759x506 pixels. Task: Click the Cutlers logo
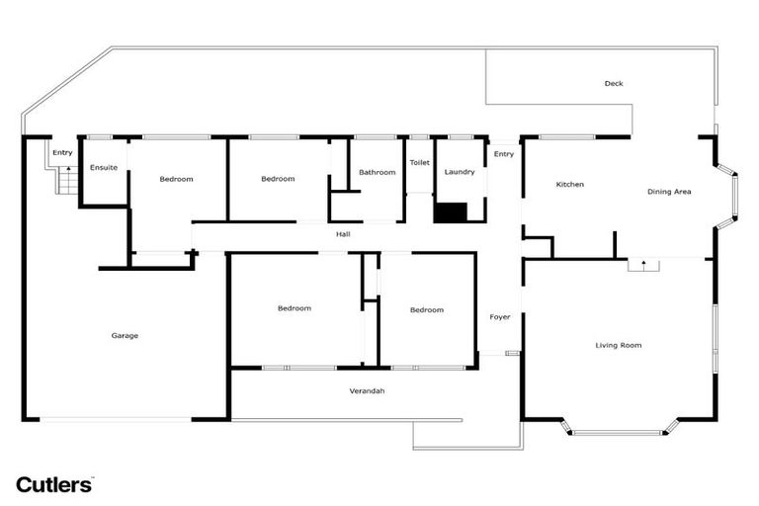point(54,484)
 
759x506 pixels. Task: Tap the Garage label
point(125,336)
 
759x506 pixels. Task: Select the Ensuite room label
point(104,168)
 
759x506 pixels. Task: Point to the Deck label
point(614,84)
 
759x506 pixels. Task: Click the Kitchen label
point(570,185)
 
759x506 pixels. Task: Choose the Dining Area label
point(669,192)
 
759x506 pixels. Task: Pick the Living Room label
point(619,345)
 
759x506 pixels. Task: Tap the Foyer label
point(500,317)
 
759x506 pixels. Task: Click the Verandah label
point(367,391)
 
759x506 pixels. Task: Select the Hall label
point(343,234)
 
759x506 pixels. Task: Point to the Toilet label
point(419,162)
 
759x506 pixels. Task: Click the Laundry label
point(460,172)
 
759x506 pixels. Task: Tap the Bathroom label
point(377,173)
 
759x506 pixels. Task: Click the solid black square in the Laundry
point(452,212)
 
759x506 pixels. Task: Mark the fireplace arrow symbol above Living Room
point(643,265)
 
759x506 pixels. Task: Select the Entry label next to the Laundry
point(504,154)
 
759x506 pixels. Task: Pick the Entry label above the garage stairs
point(62,153)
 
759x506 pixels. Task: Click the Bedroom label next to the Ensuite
point(176,179)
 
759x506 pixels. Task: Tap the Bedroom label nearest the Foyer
point(427,310)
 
